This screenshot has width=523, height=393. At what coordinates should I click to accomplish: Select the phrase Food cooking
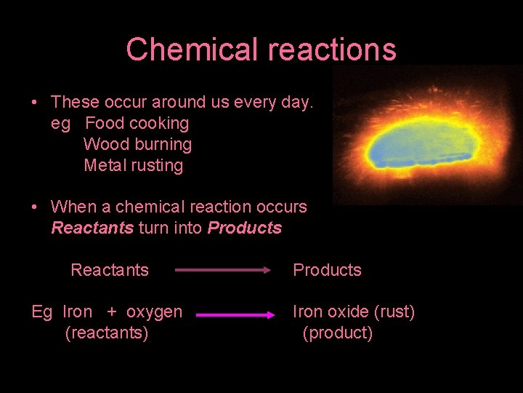[137, 123]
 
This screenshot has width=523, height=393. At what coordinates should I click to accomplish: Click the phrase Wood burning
[137, 144]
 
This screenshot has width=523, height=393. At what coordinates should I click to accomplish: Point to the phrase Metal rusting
[134, 165]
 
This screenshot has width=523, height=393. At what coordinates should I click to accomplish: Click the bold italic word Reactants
[92, 228]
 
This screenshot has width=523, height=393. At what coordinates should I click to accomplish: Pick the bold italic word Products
[245, 228]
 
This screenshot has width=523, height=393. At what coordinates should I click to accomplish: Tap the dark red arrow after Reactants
[223, 270]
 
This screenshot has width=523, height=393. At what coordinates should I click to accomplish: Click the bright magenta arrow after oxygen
[233, 316]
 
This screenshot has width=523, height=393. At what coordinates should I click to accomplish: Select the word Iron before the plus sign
[78, 312]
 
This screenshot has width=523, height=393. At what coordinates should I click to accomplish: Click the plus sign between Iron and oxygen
[112, 312]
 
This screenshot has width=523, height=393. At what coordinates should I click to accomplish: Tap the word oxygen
[154, 313]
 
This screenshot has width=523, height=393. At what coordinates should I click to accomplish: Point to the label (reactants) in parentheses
[107, 333]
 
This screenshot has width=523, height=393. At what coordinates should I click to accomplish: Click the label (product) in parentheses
[338, 333]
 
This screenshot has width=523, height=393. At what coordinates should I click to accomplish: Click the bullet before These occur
[35, 103]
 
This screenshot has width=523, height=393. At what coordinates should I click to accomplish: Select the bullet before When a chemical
[35, 207]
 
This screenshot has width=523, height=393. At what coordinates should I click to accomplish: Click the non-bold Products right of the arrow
[327, 270]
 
